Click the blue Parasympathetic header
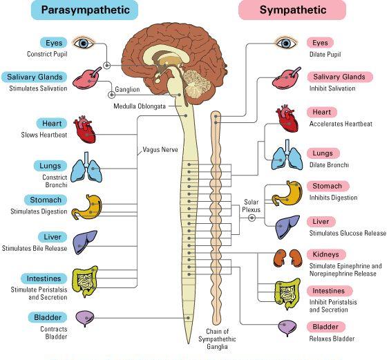84,10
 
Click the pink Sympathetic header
292,10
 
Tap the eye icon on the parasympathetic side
84,43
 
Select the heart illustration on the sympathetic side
287,118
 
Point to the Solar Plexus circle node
252,218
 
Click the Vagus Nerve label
160,150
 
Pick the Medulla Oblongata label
140,106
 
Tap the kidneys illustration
288,258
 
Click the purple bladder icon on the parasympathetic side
85,319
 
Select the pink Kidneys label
325,254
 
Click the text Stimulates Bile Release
35,248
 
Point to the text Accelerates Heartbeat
341,124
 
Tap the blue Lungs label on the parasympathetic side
50,166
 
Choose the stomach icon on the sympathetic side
287,193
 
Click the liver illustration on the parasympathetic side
84,242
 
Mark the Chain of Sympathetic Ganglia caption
217,339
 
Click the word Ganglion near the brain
127,89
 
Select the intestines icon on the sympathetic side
287,294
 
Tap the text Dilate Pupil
325,55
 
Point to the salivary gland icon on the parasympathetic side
87,78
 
